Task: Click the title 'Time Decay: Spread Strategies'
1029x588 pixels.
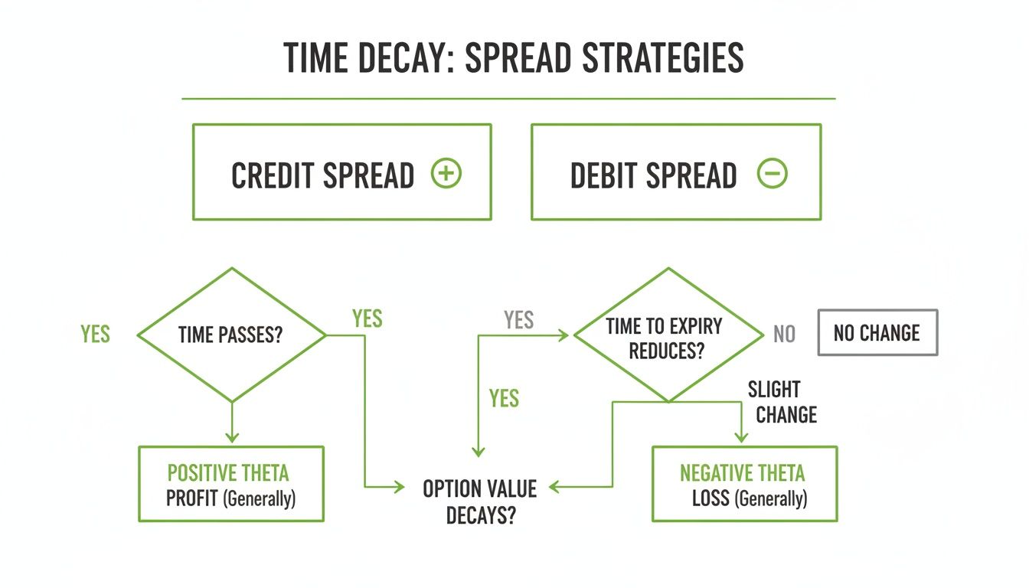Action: pyautogui.click(x=513, y=58)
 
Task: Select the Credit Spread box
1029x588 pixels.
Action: pyautogui.click(x=341, y=172)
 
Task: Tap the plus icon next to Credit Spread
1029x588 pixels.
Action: pyautogui.click(x=446, y=174)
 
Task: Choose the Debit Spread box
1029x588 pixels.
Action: pyautogui.click(x=675, y=172)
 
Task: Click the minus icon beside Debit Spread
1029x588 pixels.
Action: pyautogui.click(x=772, y=174)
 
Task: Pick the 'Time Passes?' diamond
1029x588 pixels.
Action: pyautogui.click(x=231, y=335)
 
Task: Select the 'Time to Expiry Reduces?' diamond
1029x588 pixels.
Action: pyautogui.click(x=668, y=335)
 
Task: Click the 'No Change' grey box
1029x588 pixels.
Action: pyautogui.click(x=877, y=333)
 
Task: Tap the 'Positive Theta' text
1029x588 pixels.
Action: pyautogui.click(x=228, y=472)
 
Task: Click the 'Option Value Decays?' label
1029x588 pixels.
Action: pyautogui.click(x=480, y=501)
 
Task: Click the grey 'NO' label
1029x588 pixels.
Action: pyautogui.click(x=784, y=335)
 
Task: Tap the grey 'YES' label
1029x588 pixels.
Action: pyautogui.click(x=518, y=320)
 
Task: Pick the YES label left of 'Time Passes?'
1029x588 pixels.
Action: pyautogui.click(x=95, y=335)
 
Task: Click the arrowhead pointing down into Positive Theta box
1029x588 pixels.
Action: pyautogui.click(x=231, y=437)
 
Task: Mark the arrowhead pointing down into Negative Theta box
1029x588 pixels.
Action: pyautogui.click(x=741, y=437)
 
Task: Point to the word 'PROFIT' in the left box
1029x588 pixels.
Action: pyautogui.click(x=192, y=499)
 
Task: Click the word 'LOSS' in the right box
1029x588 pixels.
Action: pyautogui.click(x=710, y=499)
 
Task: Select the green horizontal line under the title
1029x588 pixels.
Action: pyautogui.click(x=508, y=99)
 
